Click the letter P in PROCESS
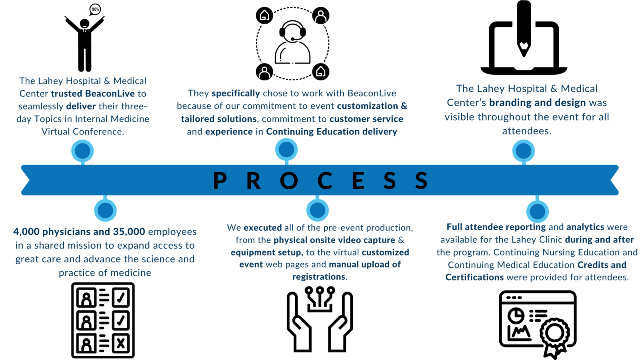220,180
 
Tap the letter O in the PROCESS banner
289,180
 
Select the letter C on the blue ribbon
325,180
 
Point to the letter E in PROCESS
358,180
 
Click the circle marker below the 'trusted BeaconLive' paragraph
82,151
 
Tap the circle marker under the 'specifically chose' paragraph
286,150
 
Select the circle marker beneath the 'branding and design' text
523,151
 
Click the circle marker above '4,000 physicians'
105,210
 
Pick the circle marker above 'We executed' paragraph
318,210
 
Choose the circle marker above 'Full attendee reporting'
537,211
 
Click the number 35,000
129,232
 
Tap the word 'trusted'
66,94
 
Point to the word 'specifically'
236,93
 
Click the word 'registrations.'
320,277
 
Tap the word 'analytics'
585,227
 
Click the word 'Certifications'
474,277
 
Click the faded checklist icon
103,320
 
